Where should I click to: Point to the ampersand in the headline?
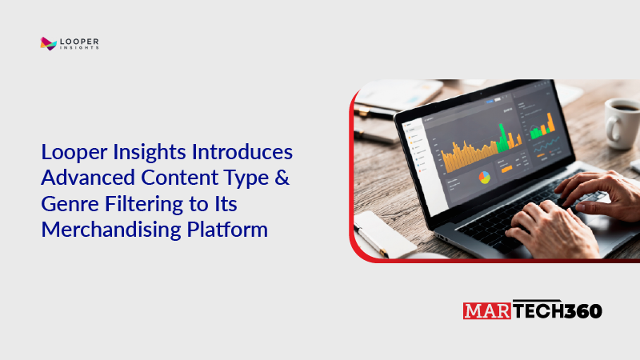tap(279, 178)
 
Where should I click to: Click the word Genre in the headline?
tap(66, 204)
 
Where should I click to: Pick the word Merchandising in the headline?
tap(101, 230)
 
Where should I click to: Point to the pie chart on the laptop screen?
tap(483, 176)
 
